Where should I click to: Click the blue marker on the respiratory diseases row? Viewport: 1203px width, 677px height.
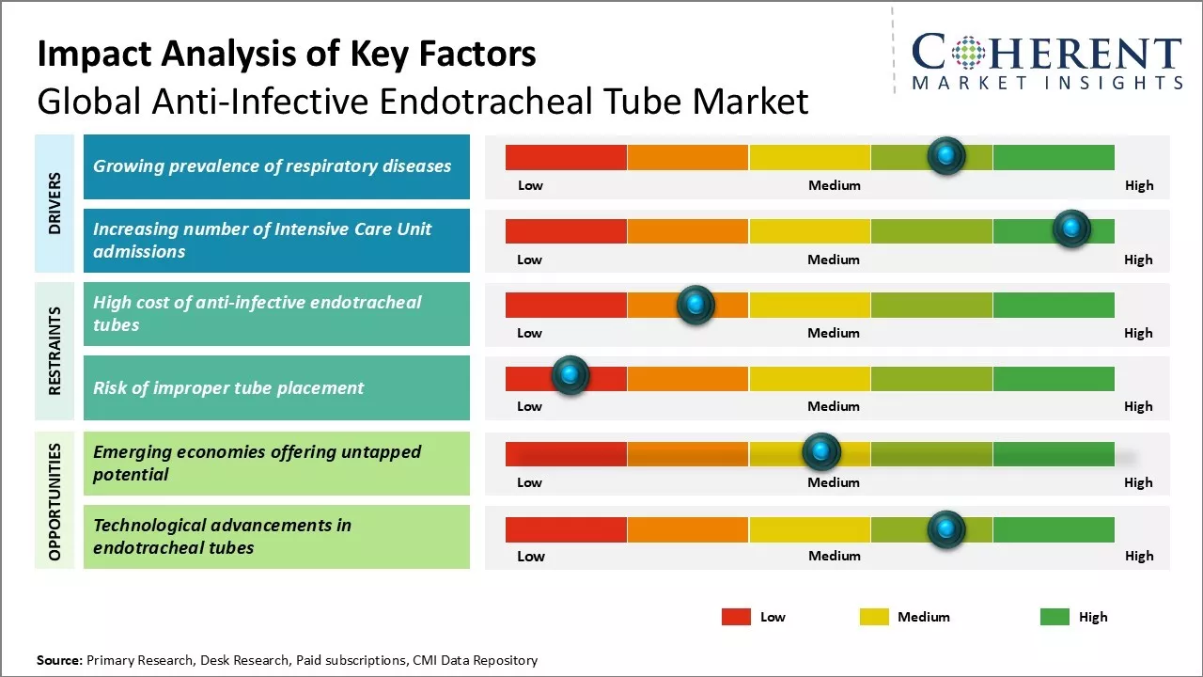(946, 155)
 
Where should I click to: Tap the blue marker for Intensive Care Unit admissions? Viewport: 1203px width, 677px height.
(1070, 228)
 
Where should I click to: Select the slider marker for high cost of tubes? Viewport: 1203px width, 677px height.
(695, 304)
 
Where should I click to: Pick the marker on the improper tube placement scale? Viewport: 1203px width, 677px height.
(570, 375)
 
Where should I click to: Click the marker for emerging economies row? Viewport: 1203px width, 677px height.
(821, 452)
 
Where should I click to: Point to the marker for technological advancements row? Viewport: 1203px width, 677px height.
(946, 529)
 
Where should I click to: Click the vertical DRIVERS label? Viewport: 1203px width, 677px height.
(55, 203)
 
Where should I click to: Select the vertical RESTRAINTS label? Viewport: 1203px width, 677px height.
(55, 350)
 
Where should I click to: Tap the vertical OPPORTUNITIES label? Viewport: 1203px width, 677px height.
(55, 501)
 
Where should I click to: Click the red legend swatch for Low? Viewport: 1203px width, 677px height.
(736, 617)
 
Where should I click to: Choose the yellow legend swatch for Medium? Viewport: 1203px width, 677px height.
(874, 617)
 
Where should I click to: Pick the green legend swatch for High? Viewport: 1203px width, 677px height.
(1055, 617)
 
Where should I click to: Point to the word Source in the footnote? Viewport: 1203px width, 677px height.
(58, 660)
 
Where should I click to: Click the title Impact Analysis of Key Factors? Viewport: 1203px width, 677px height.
(287, 55)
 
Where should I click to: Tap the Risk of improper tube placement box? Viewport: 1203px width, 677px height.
(276, 387)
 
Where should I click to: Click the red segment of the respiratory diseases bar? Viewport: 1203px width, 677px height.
(566, 157)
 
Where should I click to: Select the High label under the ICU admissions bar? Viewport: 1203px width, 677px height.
(1138, 260)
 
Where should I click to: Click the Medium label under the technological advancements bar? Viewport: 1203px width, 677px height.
(834, 556)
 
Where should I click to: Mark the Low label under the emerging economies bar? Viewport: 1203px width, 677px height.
(529, 482)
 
